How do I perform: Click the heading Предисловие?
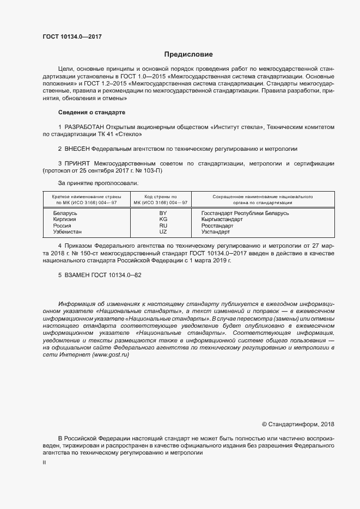[x=188, y=54]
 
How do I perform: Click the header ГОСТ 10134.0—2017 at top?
[x=72, y=37]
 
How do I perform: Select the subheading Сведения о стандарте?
[x=91, y=112]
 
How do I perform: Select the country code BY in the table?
[x=163, y=213]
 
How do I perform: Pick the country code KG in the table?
[x=163, y=219]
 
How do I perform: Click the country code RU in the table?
[x=163, y=225]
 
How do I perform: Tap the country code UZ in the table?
[x=163, y=231]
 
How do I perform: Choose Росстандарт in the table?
[x=217, y=225]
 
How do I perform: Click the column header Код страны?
[x=160, y=196]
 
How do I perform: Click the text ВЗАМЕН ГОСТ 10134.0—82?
[x=100, y=275]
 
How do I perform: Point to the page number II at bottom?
[x=44, y=462]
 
